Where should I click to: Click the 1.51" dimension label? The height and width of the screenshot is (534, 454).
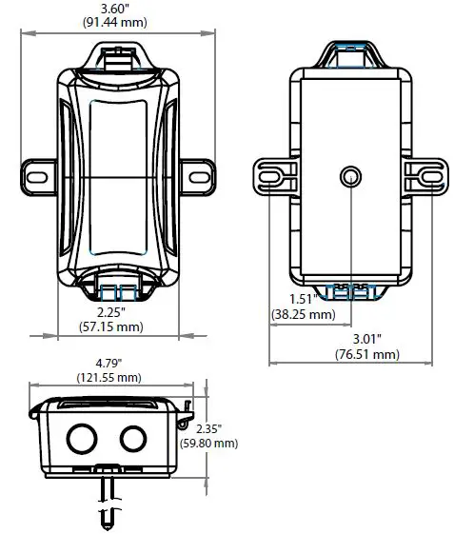tap(304, 300)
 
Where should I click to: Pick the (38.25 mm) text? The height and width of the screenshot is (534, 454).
tap(304, 314)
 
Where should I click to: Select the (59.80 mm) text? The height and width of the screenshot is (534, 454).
tap(213, 443)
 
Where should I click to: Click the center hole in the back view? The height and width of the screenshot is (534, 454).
tap(349, 175)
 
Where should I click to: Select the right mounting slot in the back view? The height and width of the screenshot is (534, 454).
tap(426, 175)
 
